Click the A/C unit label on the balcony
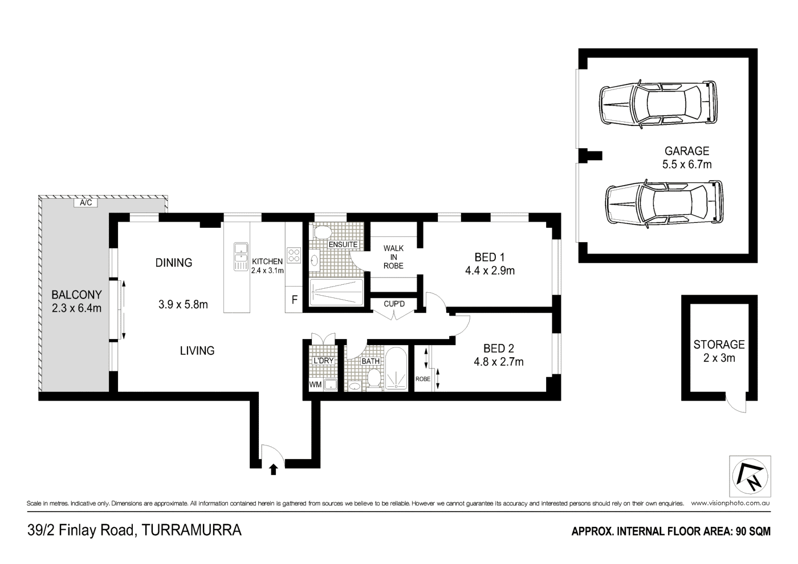pyautogui.click(x=85, y=202)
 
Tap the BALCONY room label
pyautogui.click(x=76, y=295)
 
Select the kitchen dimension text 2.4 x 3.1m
pyautogui.click(x=267, y=271)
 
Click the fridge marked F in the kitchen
pyautogui.click(x=294, y=300)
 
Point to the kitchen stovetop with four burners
pyautogui.click(x=294, y=255)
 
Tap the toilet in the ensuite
pyautogui.click(x=323, y=232)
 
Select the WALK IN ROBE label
pyautogui.click(x=393, y=257)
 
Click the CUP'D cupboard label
pyautogui.click(x=394, y=304)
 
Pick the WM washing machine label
pyautogui.click(x=315, y=385)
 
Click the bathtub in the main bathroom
pyautogui.click(x=396, y=370)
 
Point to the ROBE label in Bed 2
pyautogui.click(x=422, y=379)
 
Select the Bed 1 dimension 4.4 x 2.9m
pyautogui.click(x=490, y=271)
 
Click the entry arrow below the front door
pyautogui.click(x=273, y=469)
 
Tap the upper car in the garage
pyautogui.click(x=657, y=104)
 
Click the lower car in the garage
pyautogui.click(x=663, y=205)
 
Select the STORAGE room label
pyautogui.click(x=719, y=345)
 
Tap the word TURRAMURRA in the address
pyautogui.click(x=192, y=530)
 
